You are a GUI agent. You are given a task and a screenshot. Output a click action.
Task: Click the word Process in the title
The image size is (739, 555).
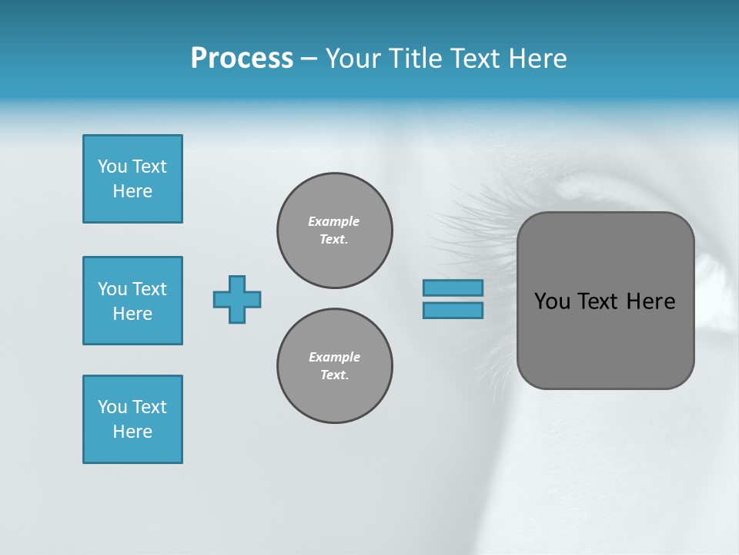coord(242,59)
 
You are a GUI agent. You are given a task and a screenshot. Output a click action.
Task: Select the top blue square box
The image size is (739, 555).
coord(132,179)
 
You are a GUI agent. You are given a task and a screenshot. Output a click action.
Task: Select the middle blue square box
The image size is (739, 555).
coord(132,301)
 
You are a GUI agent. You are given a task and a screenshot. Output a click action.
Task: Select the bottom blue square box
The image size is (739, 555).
coord(132,419)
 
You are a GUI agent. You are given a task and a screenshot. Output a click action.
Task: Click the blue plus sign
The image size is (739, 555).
coord(237,299)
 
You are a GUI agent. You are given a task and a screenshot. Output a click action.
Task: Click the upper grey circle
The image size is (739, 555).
coord(335,230)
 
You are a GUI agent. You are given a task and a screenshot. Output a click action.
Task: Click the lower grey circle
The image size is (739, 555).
coord(335,366)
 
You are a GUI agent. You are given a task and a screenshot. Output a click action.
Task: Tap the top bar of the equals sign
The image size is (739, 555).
coord(453,288)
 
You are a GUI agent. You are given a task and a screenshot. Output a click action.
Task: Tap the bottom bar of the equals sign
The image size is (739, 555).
coord(453,310)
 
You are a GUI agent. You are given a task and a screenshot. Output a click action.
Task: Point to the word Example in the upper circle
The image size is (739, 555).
coord(334,221)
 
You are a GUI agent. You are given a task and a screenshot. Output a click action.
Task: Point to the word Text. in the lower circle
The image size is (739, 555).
coord(334,375)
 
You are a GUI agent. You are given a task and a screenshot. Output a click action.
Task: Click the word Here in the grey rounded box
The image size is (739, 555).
coord(650,301)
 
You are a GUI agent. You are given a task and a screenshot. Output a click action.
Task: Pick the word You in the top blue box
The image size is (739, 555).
coord(112,166)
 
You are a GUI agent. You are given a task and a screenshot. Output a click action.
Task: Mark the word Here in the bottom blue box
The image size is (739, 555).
coord(132,432)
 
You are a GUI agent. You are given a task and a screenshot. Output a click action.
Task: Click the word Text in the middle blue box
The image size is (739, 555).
coord(149,289)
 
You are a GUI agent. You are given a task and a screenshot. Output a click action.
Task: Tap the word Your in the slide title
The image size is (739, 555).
coord(354,59)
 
